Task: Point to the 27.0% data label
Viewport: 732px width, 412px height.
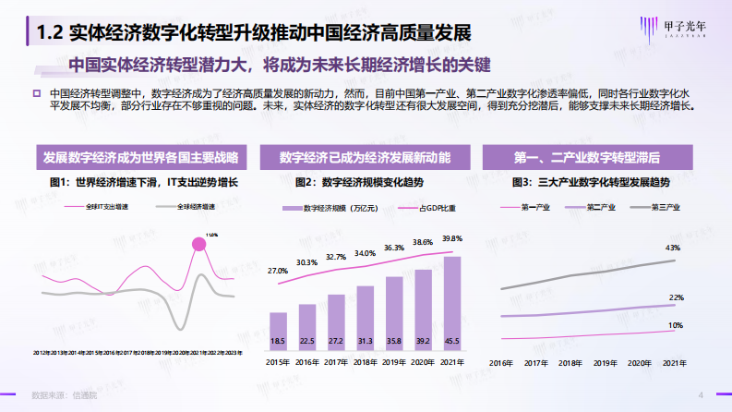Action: (278, 271)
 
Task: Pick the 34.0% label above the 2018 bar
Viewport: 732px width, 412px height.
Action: (365, 253)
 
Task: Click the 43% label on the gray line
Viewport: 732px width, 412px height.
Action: (674, 248)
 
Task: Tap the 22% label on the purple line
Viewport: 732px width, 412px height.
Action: (676, 297)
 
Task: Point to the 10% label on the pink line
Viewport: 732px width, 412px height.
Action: (676, 325)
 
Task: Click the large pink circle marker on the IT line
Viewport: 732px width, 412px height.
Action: (198, 246)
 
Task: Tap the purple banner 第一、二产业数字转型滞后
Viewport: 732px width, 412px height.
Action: (591, 157)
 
